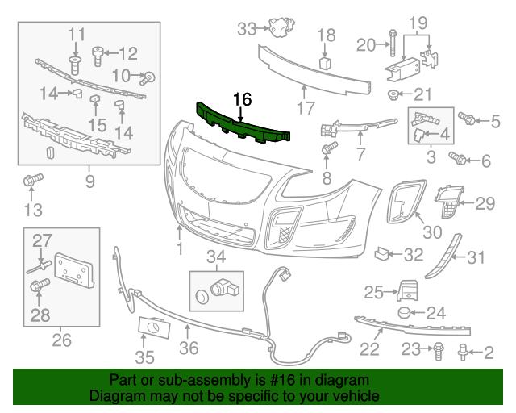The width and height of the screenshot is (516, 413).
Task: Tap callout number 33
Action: click(x=246, y=29)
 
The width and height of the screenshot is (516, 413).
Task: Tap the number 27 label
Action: click(x=41, y=240)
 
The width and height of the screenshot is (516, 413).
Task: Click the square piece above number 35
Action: click(x=152, y=327)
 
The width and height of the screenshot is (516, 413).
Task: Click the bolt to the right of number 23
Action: click(x=437, y=350)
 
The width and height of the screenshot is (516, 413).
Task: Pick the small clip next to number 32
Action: click(x=382, y=255)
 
